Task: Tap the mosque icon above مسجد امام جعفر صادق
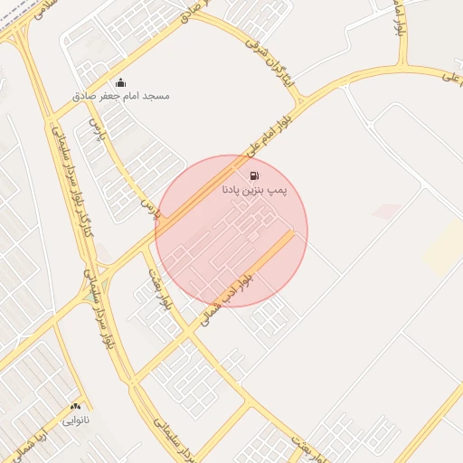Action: click(x=120, y=82)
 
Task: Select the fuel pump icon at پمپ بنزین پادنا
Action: click(x=254, y=175)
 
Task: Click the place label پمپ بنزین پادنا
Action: click(x=254, y=191)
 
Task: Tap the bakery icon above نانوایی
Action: click(x=75, y=407)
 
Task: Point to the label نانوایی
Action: click(x=75, y=420)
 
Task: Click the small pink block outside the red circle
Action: click(x=387, y=211)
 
